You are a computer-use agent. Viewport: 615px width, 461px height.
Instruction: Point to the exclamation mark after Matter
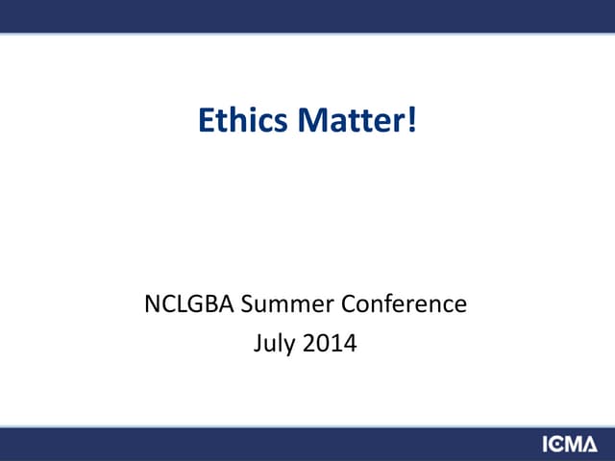click(413, 122)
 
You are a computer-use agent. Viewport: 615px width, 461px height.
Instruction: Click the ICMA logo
click(569, 445)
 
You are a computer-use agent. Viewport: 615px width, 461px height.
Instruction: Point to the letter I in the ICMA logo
click(545, 445)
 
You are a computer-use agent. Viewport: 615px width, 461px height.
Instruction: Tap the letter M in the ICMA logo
click(574, 445)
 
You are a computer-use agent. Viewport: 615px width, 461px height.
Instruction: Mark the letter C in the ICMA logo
click(556, 445)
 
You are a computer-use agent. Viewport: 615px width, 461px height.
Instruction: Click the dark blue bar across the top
click(307, 15)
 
